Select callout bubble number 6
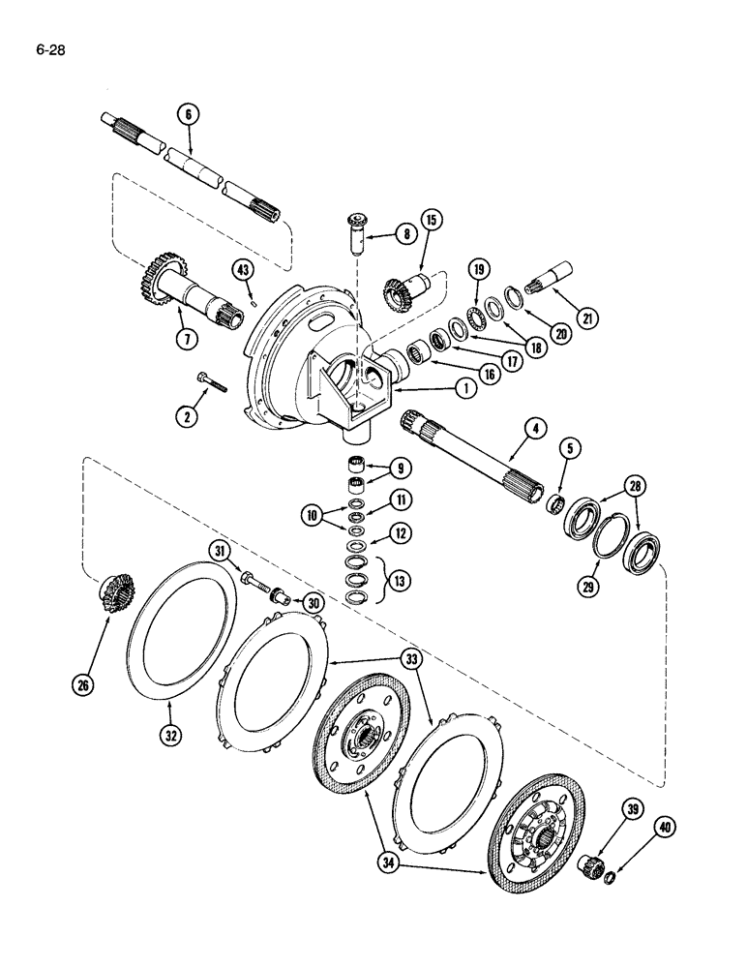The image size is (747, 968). coord(188,113)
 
